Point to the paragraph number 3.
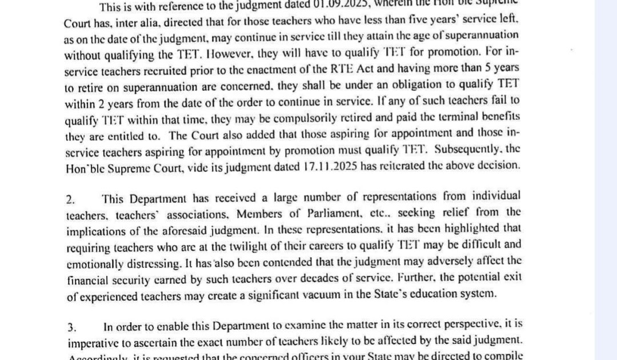pyautogui.click(x=71, y=327)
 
